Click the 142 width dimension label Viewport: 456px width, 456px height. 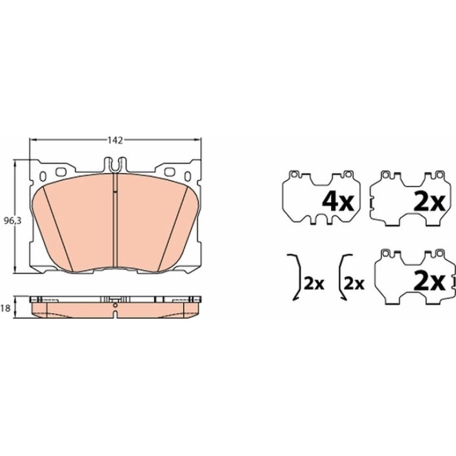click(115, 140)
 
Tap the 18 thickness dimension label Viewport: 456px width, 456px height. click(5, 308)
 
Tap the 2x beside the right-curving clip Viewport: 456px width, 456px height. click(313, 283)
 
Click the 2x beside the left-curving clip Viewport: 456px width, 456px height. click(354, 283)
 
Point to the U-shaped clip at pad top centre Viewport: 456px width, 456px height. click(115, 165)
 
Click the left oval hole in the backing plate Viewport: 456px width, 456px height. click(43, 176)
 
